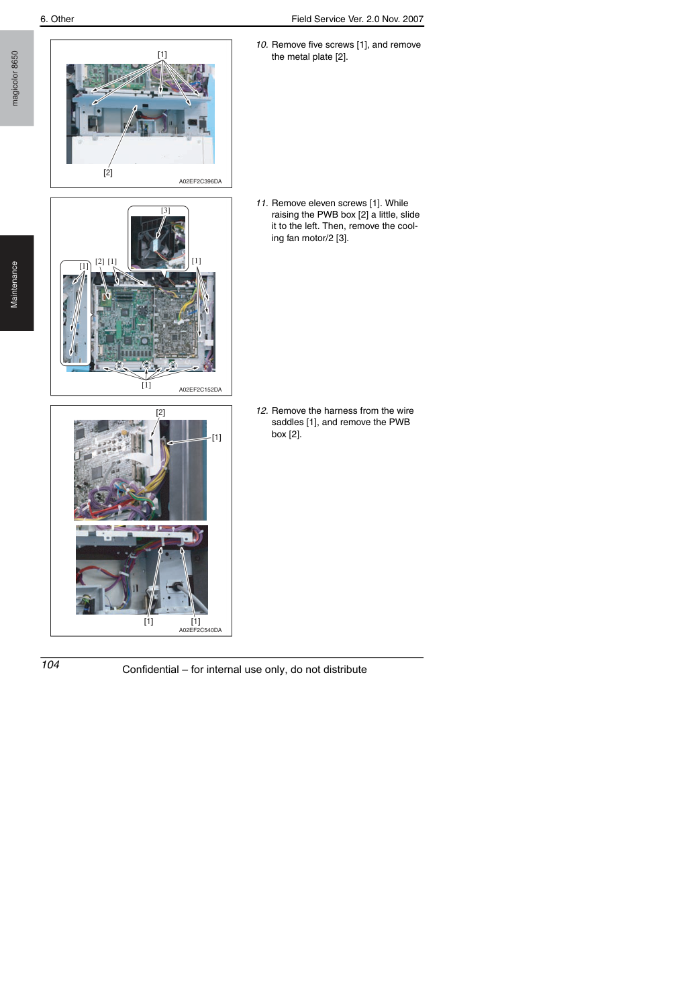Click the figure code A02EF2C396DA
[200, 181]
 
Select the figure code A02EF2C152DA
[200, 390]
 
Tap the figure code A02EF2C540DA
[200, 630]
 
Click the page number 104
[50, 665]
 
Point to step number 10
[262, 45]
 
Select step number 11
[262, 203]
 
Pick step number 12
[262, 411]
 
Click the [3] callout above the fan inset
[165, 210]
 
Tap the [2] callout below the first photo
[108, 173]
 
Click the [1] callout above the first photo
[162, 54]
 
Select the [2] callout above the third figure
[160, 412]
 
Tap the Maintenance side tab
[15, 285]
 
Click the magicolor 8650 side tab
[15, 79]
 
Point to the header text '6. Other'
[57, 19]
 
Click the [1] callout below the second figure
[146, 385]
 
